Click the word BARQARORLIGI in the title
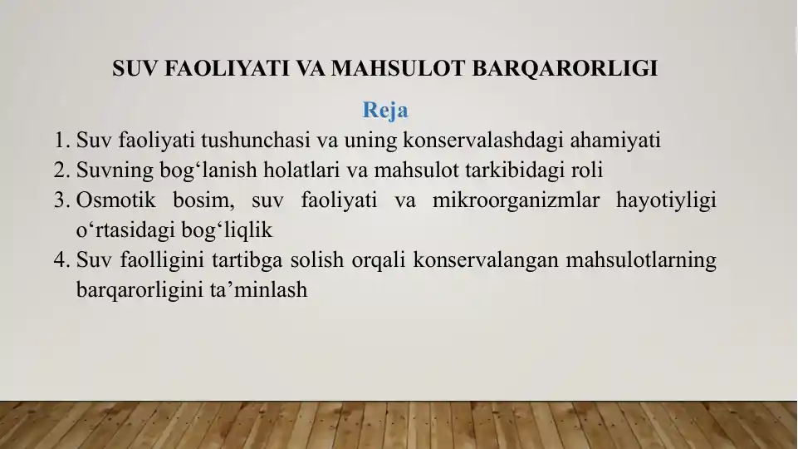click(565, 69)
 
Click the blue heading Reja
click(385, 110)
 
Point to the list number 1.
click(61, 141)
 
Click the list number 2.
click(61, 170)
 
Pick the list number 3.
click(61, 200)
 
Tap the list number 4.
click(61, 260)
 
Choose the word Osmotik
click(115, 200)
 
